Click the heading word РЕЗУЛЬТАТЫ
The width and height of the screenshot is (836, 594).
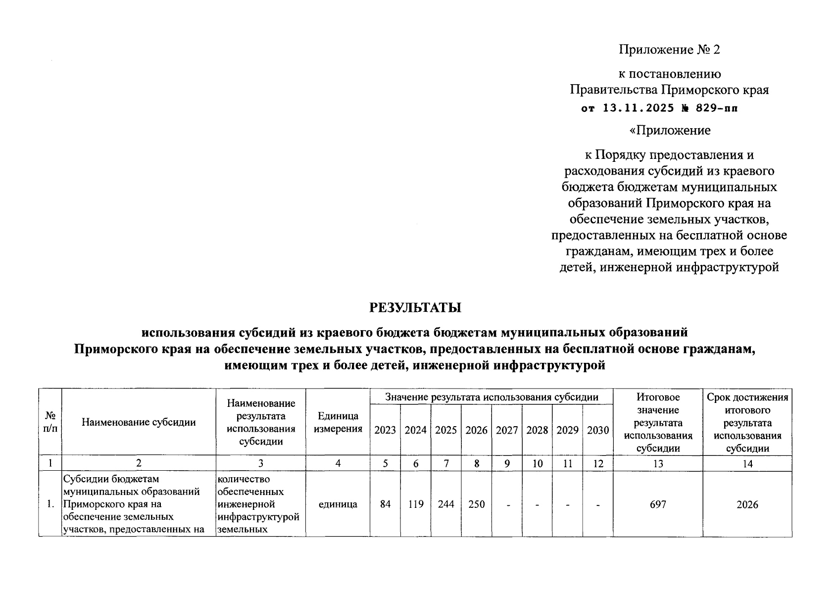(415, 307)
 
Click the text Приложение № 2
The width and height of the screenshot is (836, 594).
(670, 49)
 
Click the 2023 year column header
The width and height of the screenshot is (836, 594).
(385, 430)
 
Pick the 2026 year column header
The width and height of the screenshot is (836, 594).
(476, 430)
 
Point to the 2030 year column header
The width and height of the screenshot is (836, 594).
(598, 430)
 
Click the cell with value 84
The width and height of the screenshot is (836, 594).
(385, 504)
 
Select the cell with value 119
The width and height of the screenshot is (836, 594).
(416, 504)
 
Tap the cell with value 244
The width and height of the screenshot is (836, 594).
(446, 504)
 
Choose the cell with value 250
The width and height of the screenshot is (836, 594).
(476, 504)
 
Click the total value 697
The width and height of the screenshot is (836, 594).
(658, 504)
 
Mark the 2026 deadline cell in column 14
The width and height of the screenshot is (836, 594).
(747, 504)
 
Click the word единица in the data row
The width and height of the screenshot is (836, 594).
(338, 504)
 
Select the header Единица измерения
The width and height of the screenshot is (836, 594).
(338, 422)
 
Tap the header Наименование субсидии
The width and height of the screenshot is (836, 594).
(139, 422)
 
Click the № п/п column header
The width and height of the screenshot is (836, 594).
(50, 422)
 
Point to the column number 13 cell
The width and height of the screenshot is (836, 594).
(658, 463)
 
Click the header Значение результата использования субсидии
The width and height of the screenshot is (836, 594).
(492, 397)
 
